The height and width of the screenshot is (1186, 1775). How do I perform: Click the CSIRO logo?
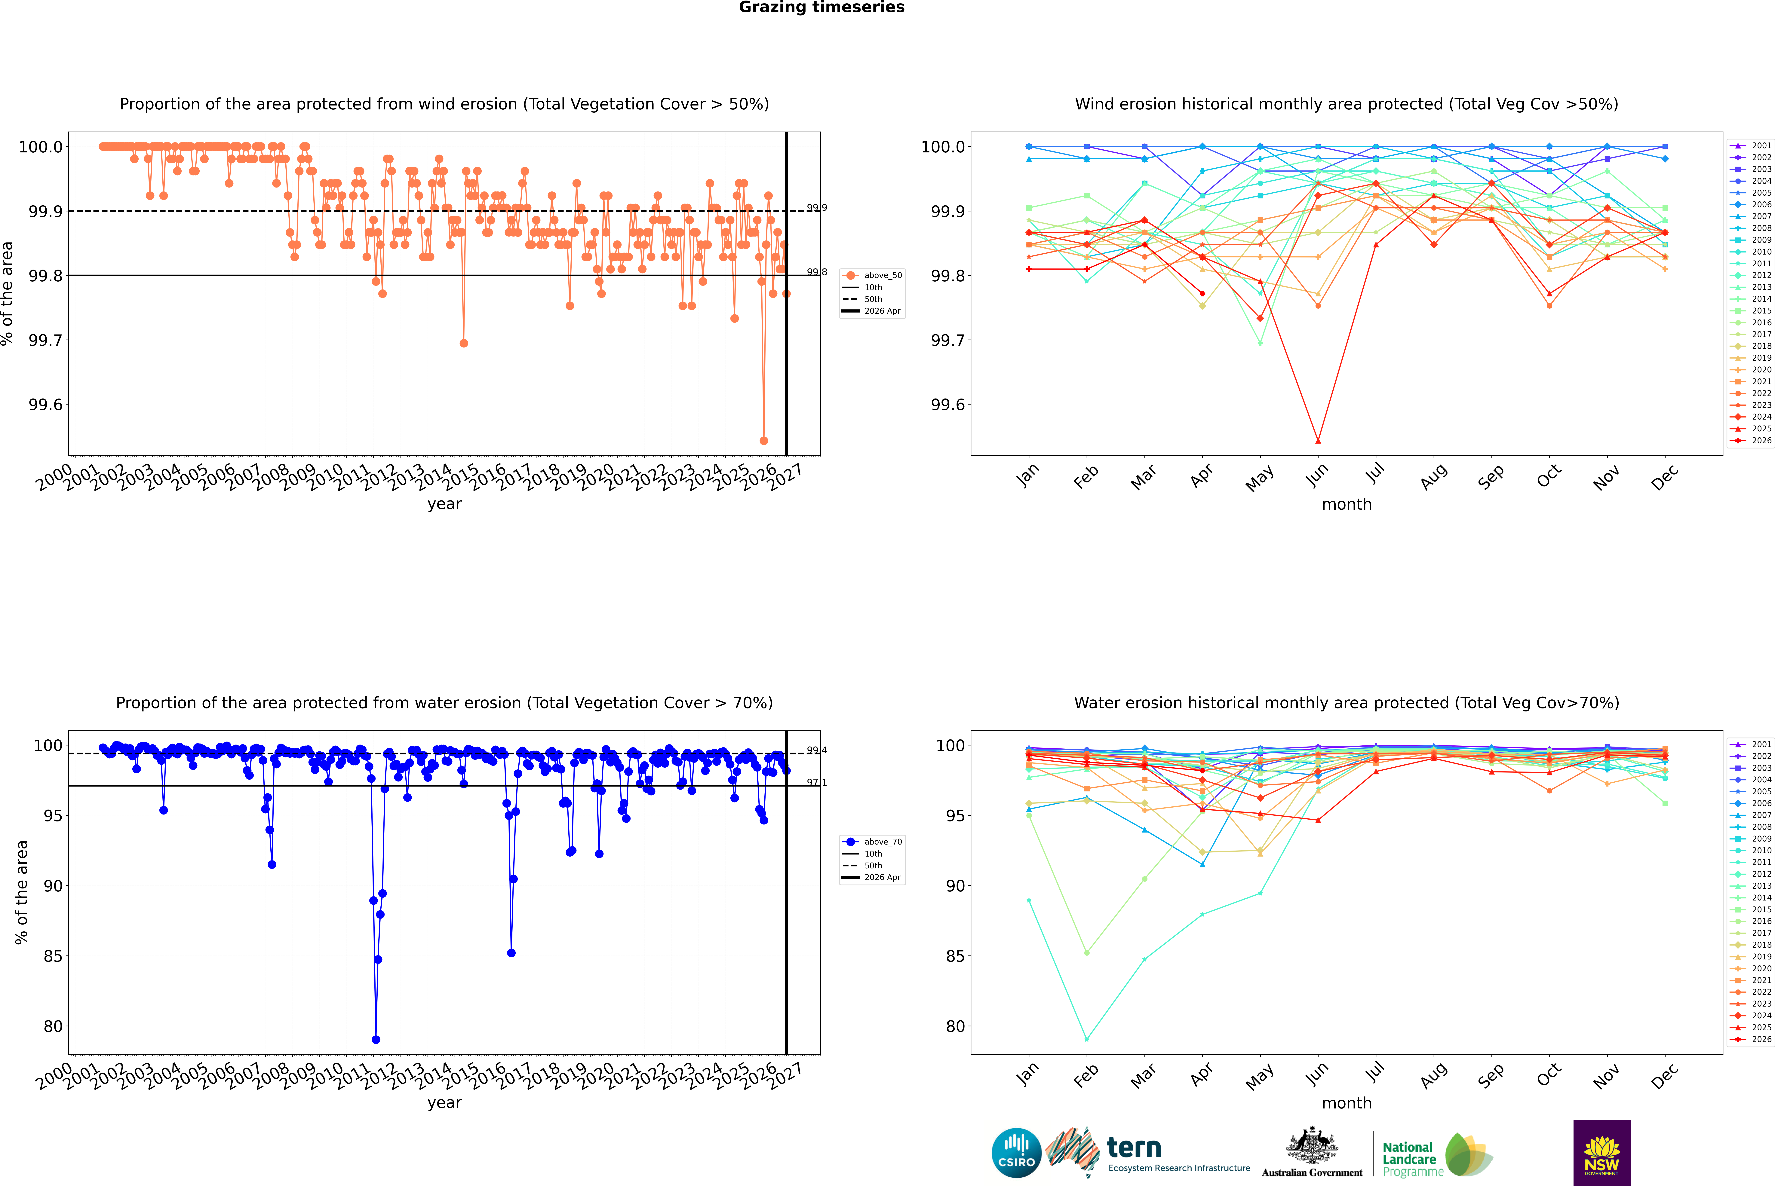click(1016, 1153)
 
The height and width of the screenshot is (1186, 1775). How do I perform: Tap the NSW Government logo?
click(1602, 1153)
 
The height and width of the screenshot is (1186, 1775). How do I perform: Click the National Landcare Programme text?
click(1413, 1160)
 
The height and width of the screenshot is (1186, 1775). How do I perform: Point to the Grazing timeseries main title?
click(822, 8)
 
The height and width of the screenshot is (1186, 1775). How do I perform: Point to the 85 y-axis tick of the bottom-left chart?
click(53, 956)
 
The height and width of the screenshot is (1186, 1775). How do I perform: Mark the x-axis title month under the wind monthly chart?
click(1347, 505)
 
